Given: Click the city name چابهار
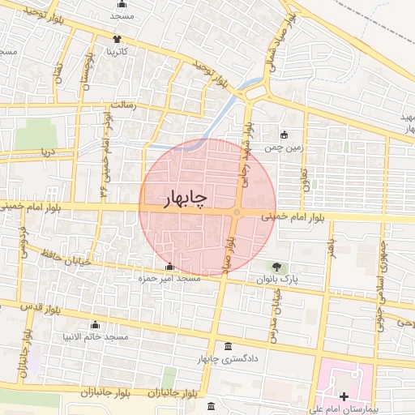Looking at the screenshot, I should coord(176,197).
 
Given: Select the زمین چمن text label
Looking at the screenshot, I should coord(276,150).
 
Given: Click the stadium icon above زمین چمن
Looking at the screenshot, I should coord(284,135).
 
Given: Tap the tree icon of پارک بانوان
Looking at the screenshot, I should coord(277,267).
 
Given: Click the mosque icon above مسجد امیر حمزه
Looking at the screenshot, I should coord(169,267).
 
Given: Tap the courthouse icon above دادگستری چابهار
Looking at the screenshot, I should coord(226,346).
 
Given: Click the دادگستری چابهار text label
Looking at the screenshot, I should coord(216,358).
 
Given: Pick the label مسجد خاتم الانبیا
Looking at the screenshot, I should coord(96,336).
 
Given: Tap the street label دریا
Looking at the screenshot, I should coord(47,152).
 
